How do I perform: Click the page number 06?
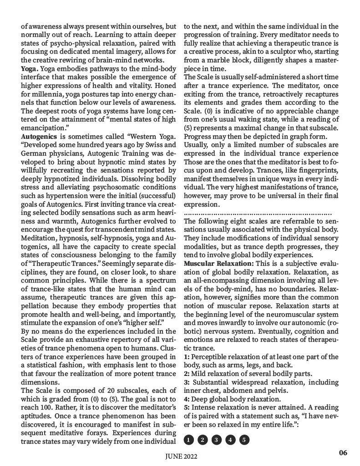[x=343, y=452]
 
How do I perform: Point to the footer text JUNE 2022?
[x=180, y=457]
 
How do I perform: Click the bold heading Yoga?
[x=30, y=68]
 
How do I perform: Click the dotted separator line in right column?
[x=258, y=213]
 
